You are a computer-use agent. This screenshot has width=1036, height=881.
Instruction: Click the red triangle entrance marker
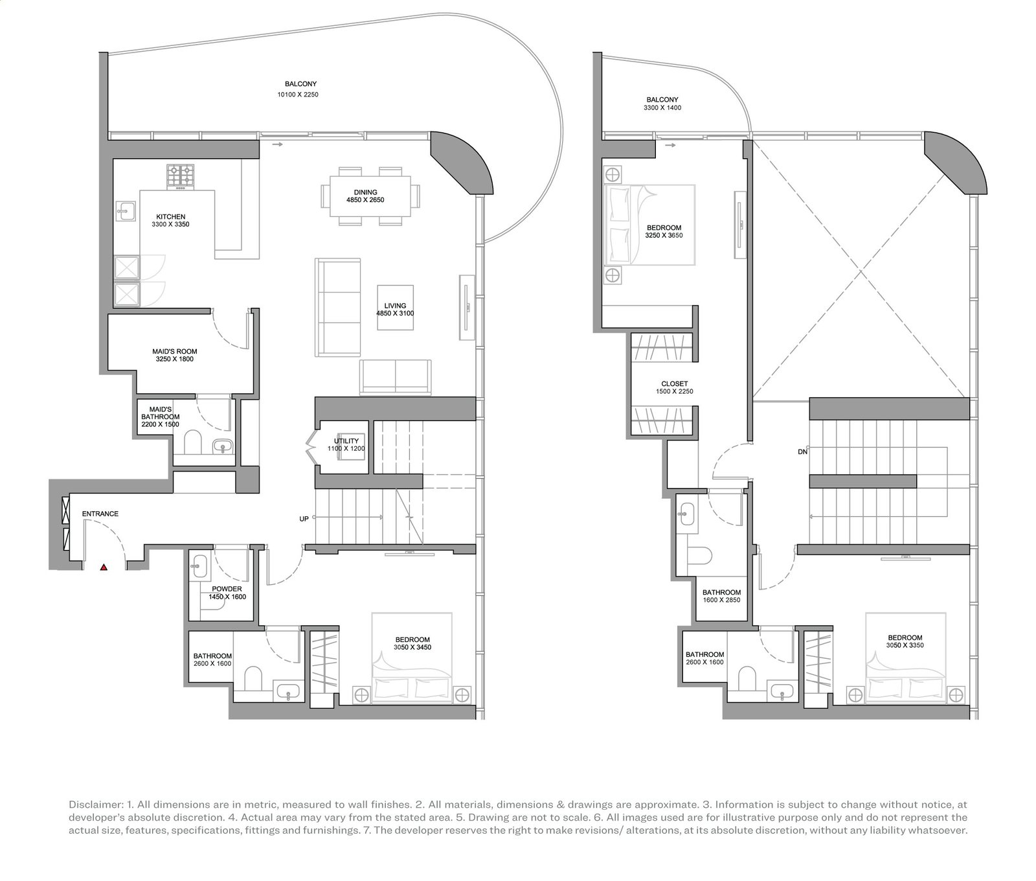[x=104, y=567]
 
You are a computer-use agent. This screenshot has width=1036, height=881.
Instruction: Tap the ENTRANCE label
[x=100, y=514]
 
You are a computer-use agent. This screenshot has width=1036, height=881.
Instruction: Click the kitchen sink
[x=126, y=211]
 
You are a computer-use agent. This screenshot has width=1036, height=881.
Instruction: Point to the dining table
[x=369, y=196]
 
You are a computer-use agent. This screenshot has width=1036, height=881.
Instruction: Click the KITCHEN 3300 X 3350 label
[x=171, y=221]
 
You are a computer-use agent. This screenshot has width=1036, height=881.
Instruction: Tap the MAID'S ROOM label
[x=175, y=355]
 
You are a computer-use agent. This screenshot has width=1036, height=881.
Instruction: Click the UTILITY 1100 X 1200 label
[x=346, y=444]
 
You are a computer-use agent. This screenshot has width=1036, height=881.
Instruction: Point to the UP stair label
[x=304, y=519]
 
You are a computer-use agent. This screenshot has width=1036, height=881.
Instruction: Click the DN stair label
[x=803, y=452]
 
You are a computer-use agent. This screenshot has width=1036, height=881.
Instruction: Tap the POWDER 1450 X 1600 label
[x=227, y=593]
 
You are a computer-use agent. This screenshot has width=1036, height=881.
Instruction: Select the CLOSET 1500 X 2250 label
[x=675, y=387]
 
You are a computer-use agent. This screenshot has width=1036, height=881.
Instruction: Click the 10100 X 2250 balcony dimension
[x=298, y=95]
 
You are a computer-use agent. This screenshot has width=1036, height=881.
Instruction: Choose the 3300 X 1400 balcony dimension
[x=662, y=108]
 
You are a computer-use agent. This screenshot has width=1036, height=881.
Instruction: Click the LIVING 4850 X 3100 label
[x=395, y=310]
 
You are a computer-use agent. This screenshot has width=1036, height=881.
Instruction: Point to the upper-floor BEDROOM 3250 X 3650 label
[x=664, y=232]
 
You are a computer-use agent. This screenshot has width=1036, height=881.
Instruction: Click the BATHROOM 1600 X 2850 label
[x=722, y=596]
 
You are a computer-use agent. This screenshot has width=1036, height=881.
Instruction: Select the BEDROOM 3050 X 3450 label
[x=412, y=643]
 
